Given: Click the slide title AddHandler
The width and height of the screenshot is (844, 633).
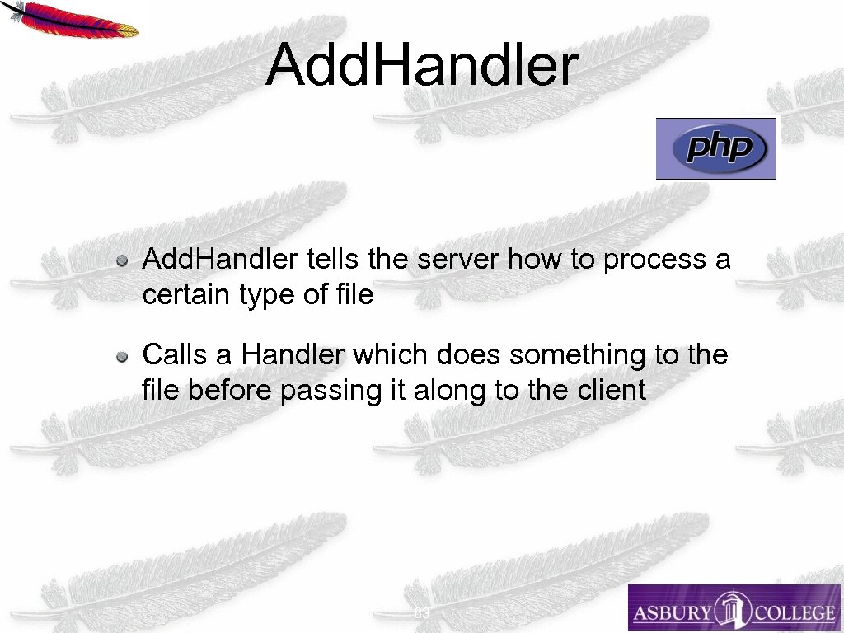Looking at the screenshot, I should point(421,66).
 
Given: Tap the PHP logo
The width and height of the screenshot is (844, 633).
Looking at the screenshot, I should point(715,148).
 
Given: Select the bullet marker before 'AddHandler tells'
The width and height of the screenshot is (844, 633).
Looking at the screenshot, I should point(121,261).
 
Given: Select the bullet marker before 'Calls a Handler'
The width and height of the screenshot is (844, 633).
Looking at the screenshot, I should point(121,357).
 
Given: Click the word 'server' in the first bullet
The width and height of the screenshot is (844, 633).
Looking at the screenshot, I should point(458,260).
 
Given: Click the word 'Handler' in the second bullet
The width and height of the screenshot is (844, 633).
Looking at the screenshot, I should point(293,355).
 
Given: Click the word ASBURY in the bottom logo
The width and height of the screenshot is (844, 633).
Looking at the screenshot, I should point(672,612).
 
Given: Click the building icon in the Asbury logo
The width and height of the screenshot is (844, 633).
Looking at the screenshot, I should point(732,609).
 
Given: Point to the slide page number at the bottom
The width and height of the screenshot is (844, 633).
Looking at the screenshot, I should point(422,615).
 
